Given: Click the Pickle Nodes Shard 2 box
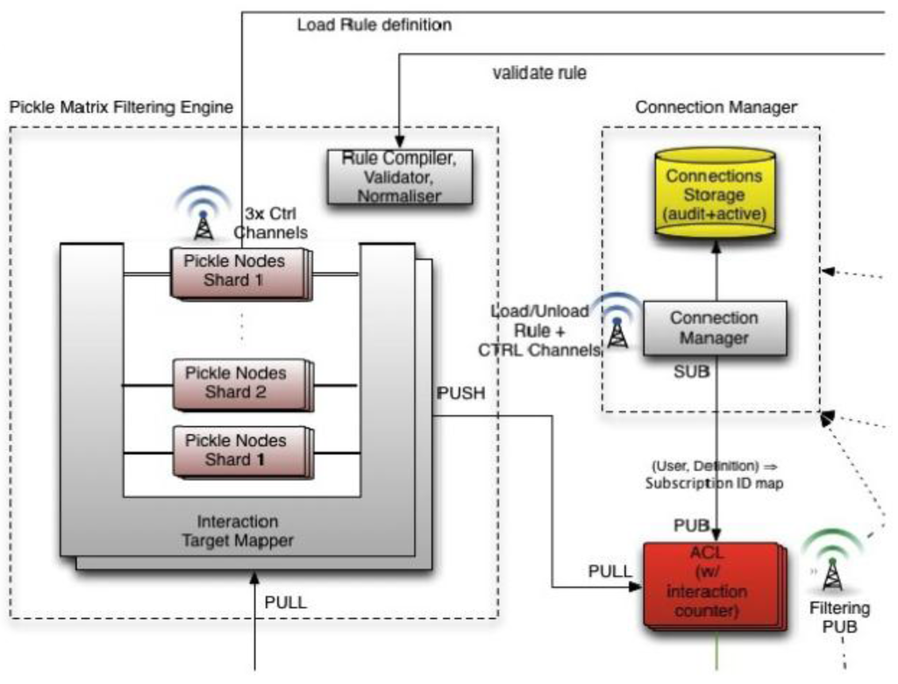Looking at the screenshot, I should click(242, 382).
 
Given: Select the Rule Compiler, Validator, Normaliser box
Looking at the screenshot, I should click(399, 176).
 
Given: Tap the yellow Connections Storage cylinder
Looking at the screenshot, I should click(715, 194).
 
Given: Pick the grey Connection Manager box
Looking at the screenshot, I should click(713, 327).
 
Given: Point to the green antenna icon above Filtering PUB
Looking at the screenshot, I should click(830, 561).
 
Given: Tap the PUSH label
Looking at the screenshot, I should click(460, 392).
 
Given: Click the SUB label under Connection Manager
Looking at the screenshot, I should click(692, 373).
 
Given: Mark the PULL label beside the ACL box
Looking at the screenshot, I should click(609, 571).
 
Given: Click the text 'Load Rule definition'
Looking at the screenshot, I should click(374, 25).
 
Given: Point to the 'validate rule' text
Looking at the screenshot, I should click(538, 73).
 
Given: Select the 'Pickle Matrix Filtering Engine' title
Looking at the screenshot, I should click(121, 108).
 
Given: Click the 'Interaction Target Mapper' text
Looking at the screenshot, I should click(238, 531).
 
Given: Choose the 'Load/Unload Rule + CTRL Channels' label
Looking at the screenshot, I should click(538, 331).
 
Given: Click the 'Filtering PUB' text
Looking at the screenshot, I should click(839, 617).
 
